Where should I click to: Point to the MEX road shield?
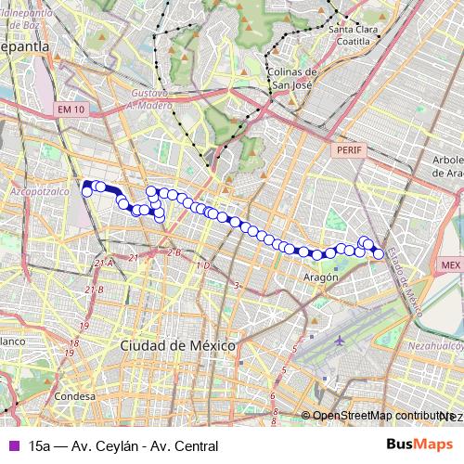tap(451, 264)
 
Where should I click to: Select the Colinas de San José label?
tap(291, 79)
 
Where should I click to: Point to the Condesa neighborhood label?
tap(75, 397)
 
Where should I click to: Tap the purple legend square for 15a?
tap(12, 445)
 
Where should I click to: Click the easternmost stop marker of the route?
tap(378, 253)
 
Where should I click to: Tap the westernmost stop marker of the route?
tap(87, 191)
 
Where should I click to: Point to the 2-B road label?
tap(174, 251)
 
